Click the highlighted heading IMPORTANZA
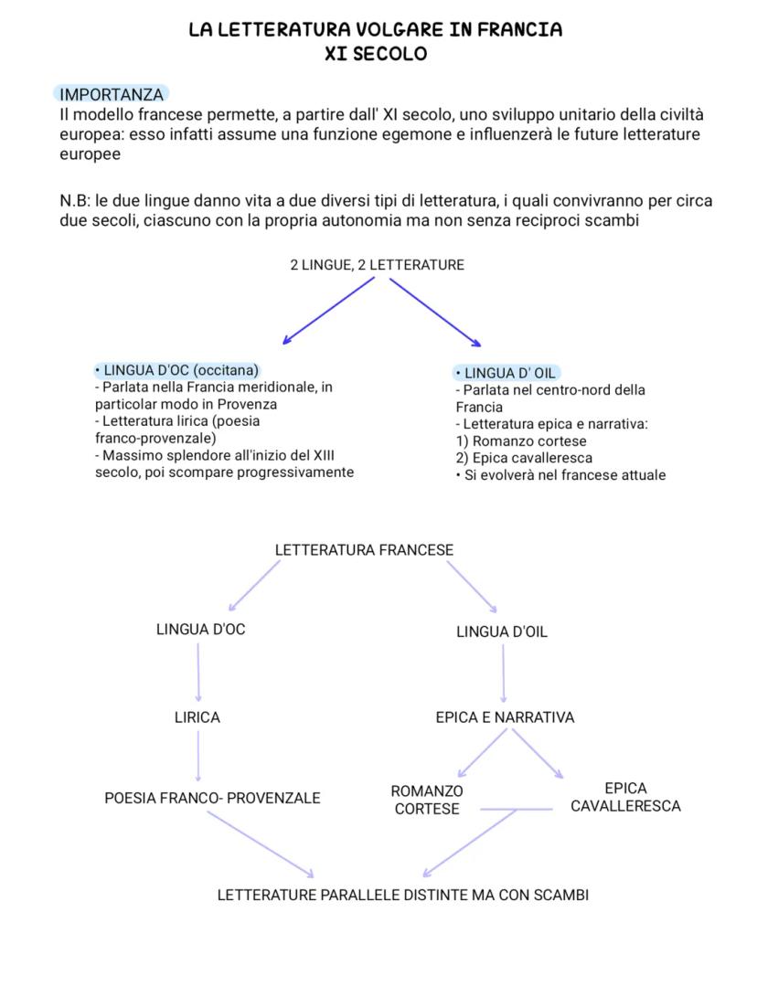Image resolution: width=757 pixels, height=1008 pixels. pos(112,94)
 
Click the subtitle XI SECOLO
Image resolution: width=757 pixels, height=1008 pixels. pos(376,54)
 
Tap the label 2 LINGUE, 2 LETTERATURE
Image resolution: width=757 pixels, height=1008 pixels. pos(377,265)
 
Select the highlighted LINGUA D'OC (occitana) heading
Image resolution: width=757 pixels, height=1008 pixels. pos(177,370)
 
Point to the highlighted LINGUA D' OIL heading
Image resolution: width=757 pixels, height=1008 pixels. pos(506,373)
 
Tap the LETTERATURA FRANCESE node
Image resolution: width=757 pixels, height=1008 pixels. pos(364,550)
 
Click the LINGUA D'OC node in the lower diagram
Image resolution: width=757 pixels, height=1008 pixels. pos(200,630)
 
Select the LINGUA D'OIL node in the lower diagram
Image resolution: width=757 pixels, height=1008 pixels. pos(502,631)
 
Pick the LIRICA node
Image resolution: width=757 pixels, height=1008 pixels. pos(197,717)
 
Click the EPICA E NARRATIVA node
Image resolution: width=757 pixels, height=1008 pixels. pos(505,717)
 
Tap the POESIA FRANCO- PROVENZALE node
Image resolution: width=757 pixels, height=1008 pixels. pos(212,798)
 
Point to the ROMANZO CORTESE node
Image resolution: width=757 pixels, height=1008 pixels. pos(427,800)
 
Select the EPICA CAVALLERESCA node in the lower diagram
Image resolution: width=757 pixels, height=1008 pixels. pos(625,797)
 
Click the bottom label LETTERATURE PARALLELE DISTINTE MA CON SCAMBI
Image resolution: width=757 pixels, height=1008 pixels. pos(402,895)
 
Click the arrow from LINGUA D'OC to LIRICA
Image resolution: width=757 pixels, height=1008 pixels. pos(198,672)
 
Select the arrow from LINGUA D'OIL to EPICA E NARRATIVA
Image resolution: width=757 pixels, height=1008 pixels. pos(503,674)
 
